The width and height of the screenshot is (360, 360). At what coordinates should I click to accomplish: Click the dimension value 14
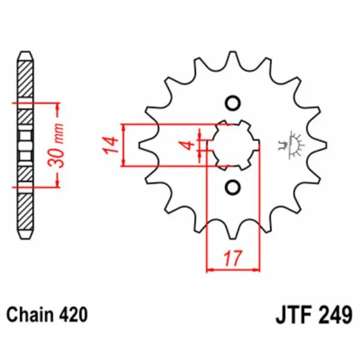click(x=109, y=145)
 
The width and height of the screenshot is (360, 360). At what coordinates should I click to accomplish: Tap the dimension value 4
click(x=188, y=145)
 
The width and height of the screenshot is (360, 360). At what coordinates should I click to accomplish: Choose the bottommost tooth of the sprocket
click(x=231, y=232)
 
